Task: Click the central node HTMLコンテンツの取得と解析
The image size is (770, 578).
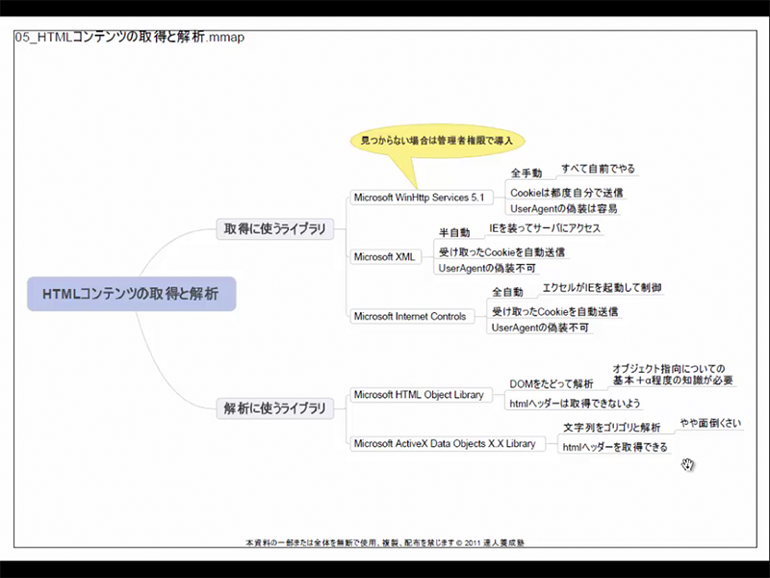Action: (x=131, y=293)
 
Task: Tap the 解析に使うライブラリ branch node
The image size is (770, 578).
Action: (x=274, y=407)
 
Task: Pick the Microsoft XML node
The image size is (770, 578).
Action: (x=386, y=256)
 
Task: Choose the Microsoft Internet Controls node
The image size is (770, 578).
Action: (x=409, y=316)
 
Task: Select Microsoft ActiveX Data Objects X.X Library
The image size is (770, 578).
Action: (x=444, y=443)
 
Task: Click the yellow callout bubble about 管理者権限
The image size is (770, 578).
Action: (x=435, y=142)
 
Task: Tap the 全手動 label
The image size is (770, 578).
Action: (x=526, y=173)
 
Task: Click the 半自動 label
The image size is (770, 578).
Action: (x=454, y=232)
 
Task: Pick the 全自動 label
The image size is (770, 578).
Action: (x=507, y=292)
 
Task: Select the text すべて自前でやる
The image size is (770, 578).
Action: (x=598, y=169)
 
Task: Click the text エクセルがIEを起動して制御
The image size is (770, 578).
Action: (x=602, y=287)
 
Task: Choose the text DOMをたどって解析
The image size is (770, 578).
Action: (x=552, y=384)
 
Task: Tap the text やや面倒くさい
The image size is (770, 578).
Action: (x=710, y=423)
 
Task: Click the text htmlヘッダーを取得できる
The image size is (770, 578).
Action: (x=614, y=447)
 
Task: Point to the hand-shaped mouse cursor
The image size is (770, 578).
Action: (x=687, y=466)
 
